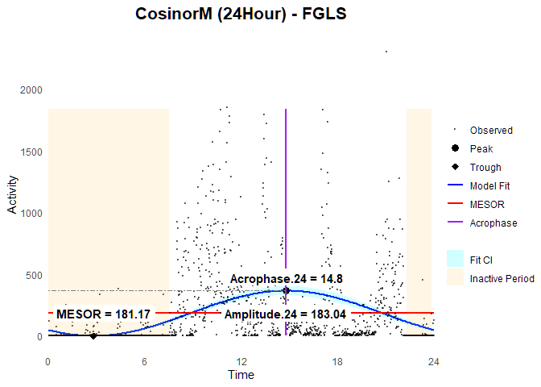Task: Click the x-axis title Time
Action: coord(241,375)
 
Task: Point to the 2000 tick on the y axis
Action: coord(31,90)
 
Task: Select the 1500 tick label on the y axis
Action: coord(31,152)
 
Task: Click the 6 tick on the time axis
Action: coord(145,361)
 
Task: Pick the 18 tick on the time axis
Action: coord(337,361)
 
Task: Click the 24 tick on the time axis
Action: coord(434,361)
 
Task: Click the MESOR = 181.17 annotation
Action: coord(104,314)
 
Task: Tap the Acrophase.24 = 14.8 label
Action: coord(287,279)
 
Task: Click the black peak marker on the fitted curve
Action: coord(286,291)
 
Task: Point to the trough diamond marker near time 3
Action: coord(93,336)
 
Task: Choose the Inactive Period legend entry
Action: coord(502,279)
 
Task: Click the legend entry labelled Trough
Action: coord(485,168)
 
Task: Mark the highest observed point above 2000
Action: coord(386,52)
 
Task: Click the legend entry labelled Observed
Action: coord(491,130)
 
